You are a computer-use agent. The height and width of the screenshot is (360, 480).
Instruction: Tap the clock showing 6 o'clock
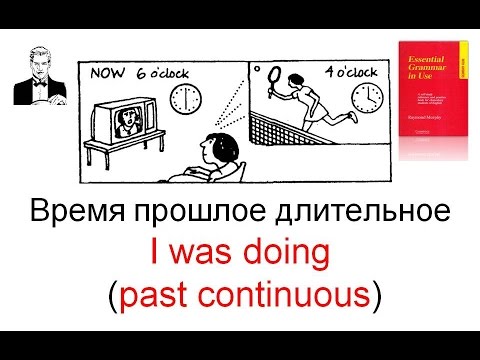click(185, 97)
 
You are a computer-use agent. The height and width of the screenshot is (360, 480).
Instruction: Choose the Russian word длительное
click(356, 214)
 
